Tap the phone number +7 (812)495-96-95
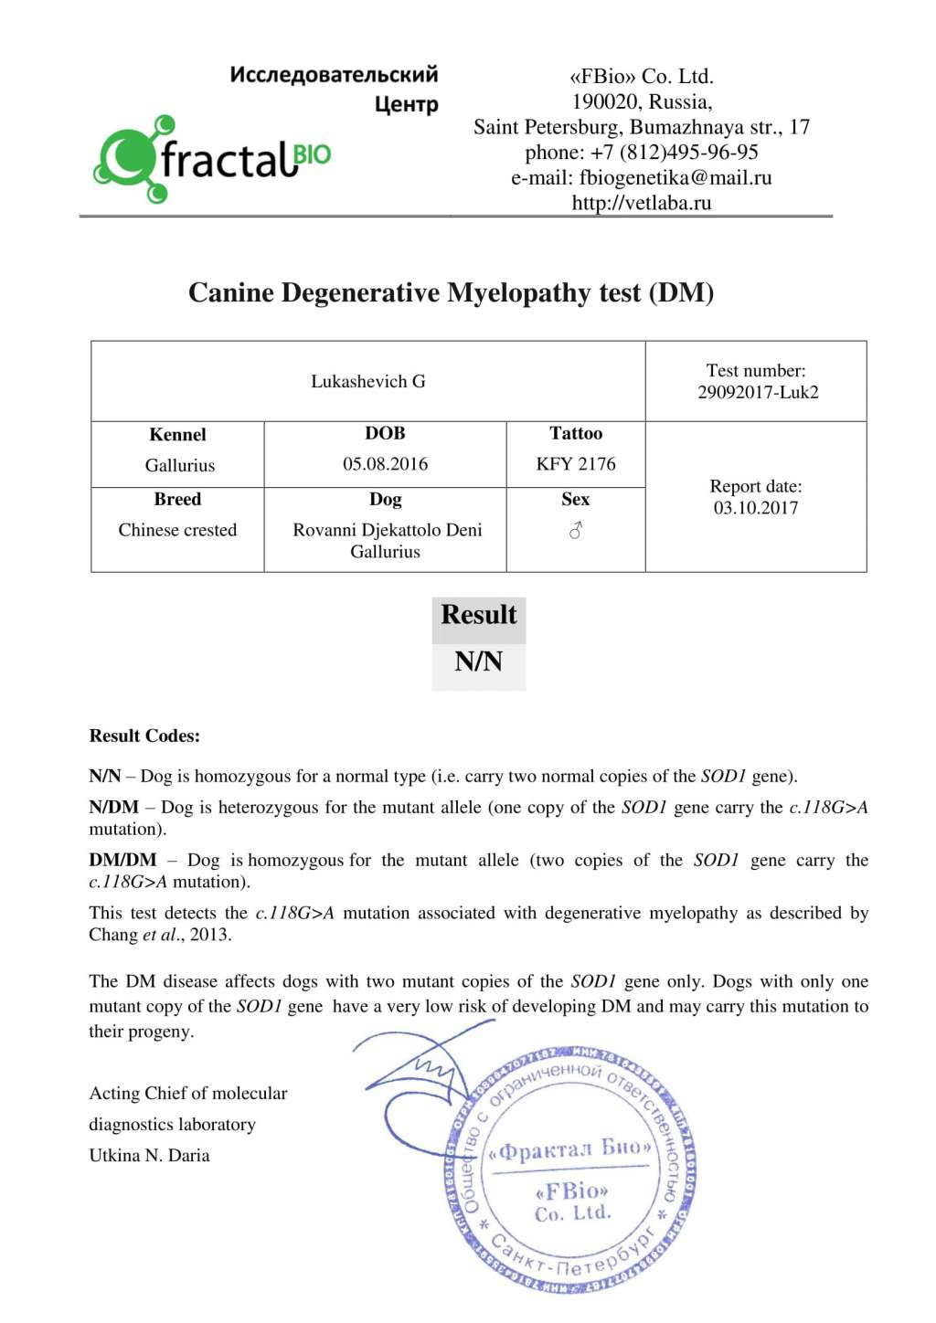674,153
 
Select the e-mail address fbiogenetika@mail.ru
675,178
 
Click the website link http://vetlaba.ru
641,203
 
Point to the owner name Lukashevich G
367,382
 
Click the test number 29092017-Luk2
758,393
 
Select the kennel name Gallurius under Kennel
179,466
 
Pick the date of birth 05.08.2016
385,464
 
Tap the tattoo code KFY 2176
576,464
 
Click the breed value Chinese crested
177,531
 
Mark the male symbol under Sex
576,531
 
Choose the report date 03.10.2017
756,509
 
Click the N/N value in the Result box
478,661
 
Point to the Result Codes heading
144,736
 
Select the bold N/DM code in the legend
113,808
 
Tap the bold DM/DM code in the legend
122,861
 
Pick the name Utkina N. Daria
149,1156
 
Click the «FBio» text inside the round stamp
572,1191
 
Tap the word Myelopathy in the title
519,293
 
